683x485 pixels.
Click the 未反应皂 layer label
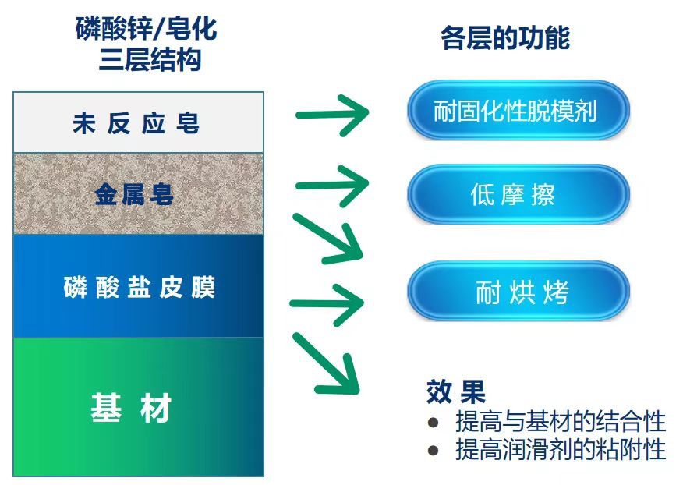(136, 123)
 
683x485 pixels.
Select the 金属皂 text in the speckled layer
(134, 194)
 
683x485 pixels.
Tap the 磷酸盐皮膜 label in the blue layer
(140, 287)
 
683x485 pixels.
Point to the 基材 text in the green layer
(131, 408)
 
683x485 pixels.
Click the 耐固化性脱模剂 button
(518, 110)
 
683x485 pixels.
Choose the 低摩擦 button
(518, 194)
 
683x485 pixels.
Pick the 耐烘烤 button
(518, 291)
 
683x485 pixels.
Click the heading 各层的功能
(505, 38)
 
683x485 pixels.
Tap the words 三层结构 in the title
(150, 60)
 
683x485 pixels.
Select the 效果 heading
(455, 391)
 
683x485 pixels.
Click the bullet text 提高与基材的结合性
(561, 421)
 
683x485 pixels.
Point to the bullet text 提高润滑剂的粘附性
(561, 449)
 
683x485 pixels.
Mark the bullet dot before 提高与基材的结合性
(433, 423)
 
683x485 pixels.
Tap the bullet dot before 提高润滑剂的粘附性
(433, 450)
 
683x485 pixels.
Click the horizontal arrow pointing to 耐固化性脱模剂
(332, 115)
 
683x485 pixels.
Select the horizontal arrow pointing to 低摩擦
(332, 186)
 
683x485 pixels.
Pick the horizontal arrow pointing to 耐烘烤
(327, 303)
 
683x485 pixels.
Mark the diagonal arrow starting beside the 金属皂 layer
(327, 239)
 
